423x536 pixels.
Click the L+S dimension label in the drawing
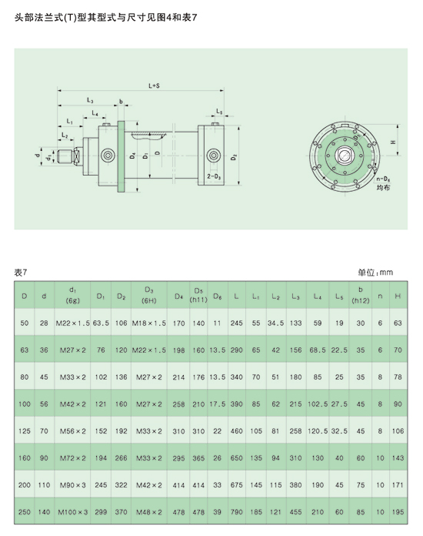(154, 85)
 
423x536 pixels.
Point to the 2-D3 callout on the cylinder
(214, 176)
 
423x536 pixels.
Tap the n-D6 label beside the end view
(384, 179)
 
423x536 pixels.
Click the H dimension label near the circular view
(393, 142)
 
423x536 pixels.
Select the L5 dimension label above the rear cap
(219, 112)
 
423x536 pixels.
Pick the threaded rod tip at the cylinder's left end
(64, 156)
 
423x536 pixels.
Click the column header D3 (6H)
(149, 295)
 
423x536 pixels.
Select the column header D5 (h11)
(198, 295)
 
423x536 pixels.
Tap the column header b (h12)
(361, 295)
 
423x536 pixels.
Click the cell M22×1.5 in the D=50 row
(73, 323)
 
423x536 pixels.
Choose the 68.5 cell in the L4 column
(318, 350)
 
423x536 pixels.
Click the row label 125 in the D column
(25, 431)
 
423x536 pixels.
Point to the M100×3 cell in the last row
(73, 512)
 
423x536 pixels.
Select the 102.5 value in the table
(318, 404)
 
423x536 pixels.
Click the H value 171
(398, 485)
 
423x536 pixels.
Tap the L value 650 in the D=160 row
(236, 458)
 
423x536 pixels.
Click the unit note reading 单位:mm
(375, 273)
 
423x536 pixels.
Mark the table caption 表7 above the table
(21, 273)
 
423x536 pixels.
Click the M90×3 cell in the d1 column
(73, 485)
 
